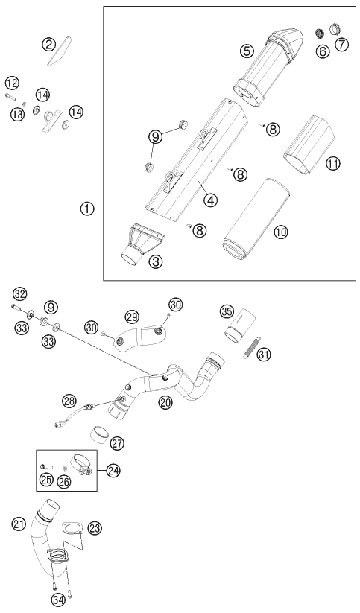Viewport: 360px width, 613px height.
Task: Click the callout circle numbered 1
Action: point(87,209)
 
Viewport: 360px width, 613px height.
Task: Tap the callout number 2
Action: point(48,45)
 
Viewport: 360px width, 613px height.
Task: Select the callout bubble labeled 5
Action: point(247,51)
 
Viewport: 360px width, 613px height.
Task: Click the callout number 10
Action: point(281,232)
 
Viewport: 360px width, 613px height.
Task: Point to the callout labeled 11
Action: point(333,164)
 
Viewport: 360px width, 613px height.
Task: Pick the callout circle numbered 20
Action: point(165,402)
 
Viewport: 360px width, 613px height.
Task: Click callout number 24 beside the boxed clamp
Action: point(114,470)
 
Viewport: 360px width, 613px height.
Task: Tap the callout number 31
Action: point(264,355)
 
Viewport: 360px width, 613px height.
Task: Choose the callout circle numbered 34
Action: point(58,598)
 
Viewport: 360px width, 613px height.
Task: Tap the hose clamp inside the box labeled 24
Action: point(80,466)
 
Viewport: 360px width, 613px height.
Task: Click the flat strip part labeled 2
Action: point(59,51)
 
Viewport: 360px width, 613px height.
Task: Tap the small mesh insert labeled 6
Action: point(320,34)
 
